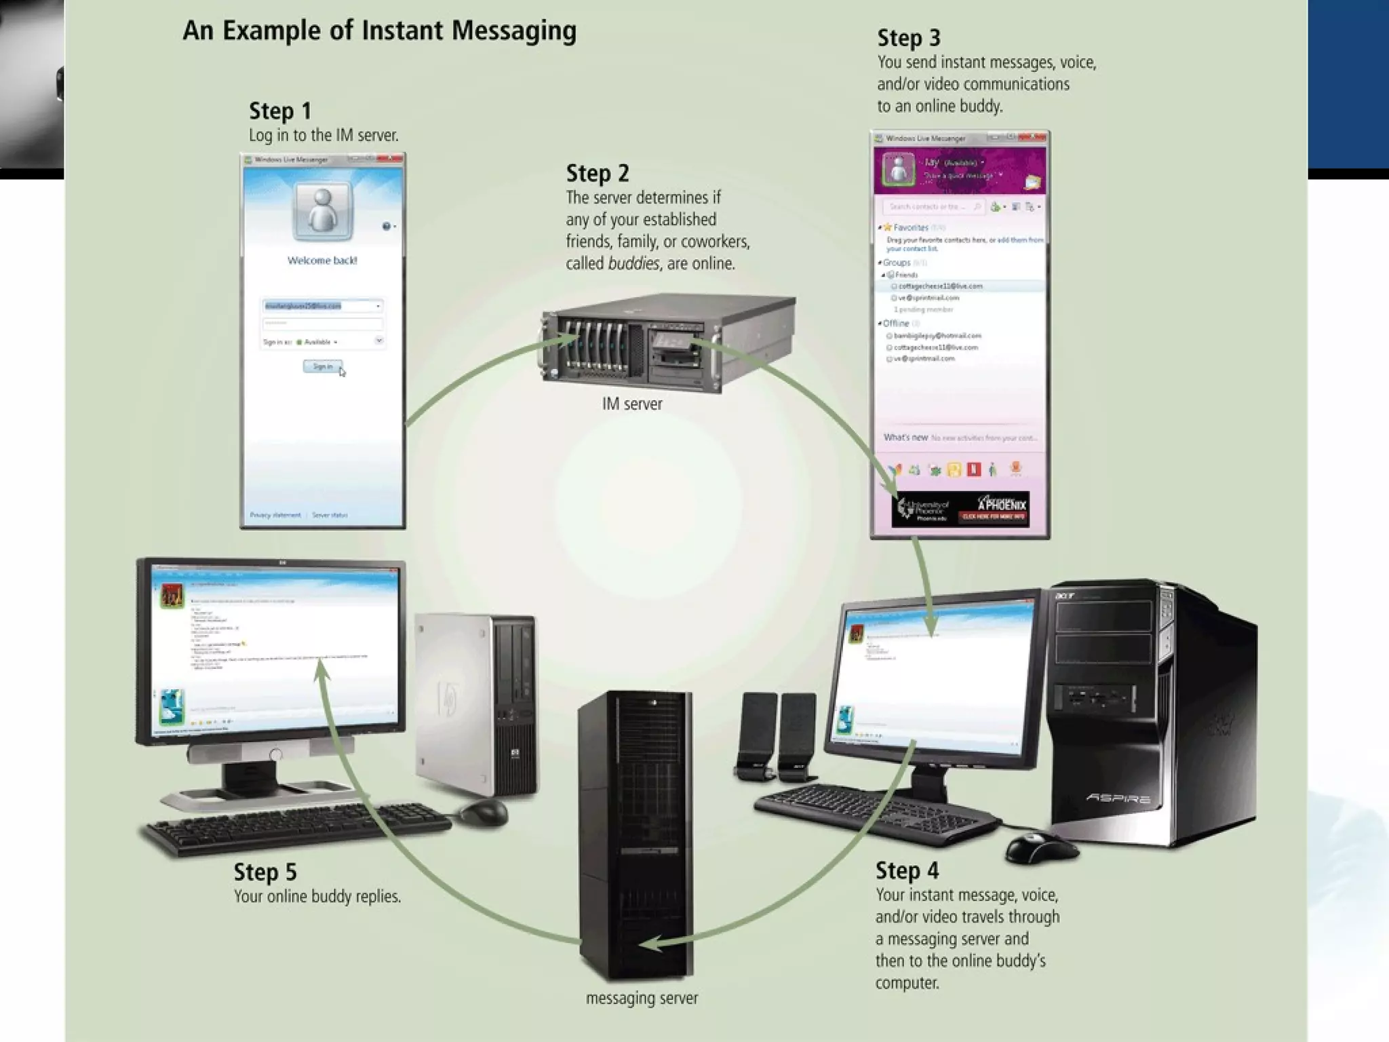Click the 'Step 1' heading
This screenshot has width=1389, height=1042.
coord(279,111)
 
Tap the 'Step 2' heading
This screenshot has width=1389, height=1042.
coord(597,174)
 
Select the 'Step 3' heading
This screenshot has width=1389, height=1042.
coord(908,38)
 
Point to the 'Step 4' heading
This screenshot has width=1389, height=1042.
coord(907,870)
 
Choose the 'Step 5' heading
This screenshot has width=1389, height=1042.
coord(265,872)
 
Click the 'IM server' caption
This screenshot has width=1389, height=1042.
coord(631,404)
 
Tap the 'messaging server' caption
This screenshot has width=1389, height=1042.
coord(642,998)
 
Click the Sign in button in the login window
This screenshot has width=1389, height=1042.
coord(322,366)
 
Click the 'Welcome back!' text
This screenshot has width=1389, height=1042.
coord(322,260)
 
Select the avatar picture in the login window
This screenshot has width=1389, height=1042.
coord(322,210)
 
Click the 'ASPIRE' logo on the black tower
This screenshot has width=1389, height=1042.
coord(1118,798)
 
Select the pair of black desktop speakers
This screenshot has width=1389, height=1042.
coord(777,736)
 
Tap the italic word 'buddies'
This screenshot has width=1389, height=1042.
coord(633,263)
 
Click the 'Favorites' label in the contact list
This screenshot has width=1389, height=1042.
coord(910,227)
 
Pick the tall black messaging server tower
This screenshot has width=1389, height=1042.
coord(636,834)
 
